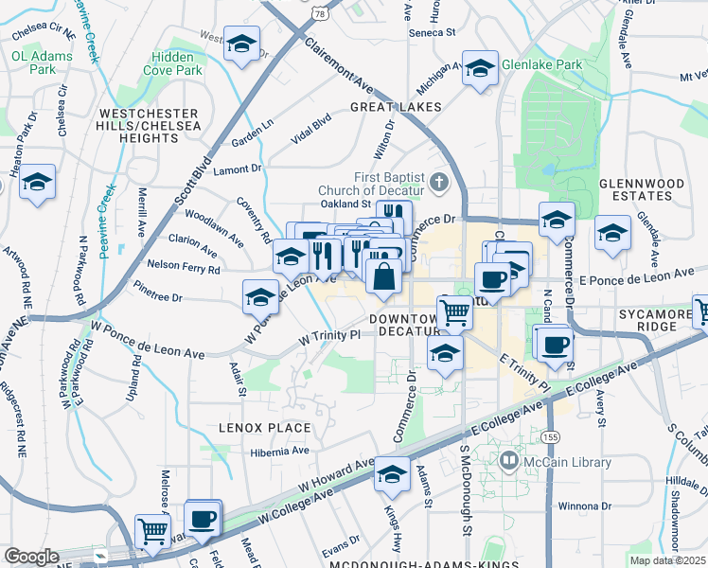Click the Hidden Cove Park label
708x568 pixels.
[173, 63]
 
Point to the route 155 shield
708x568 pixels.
[550, 437]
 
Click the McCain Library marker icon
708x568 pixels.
[509, 461]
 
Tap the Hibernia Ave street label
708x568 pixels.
[279, 452]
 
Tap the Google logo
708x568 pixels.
[31, 557]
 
